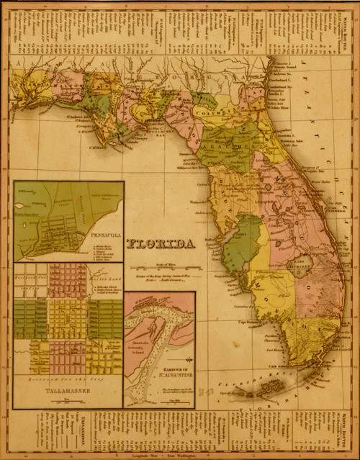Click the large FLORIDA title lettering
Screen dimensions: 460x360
(x=161, y=245)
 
